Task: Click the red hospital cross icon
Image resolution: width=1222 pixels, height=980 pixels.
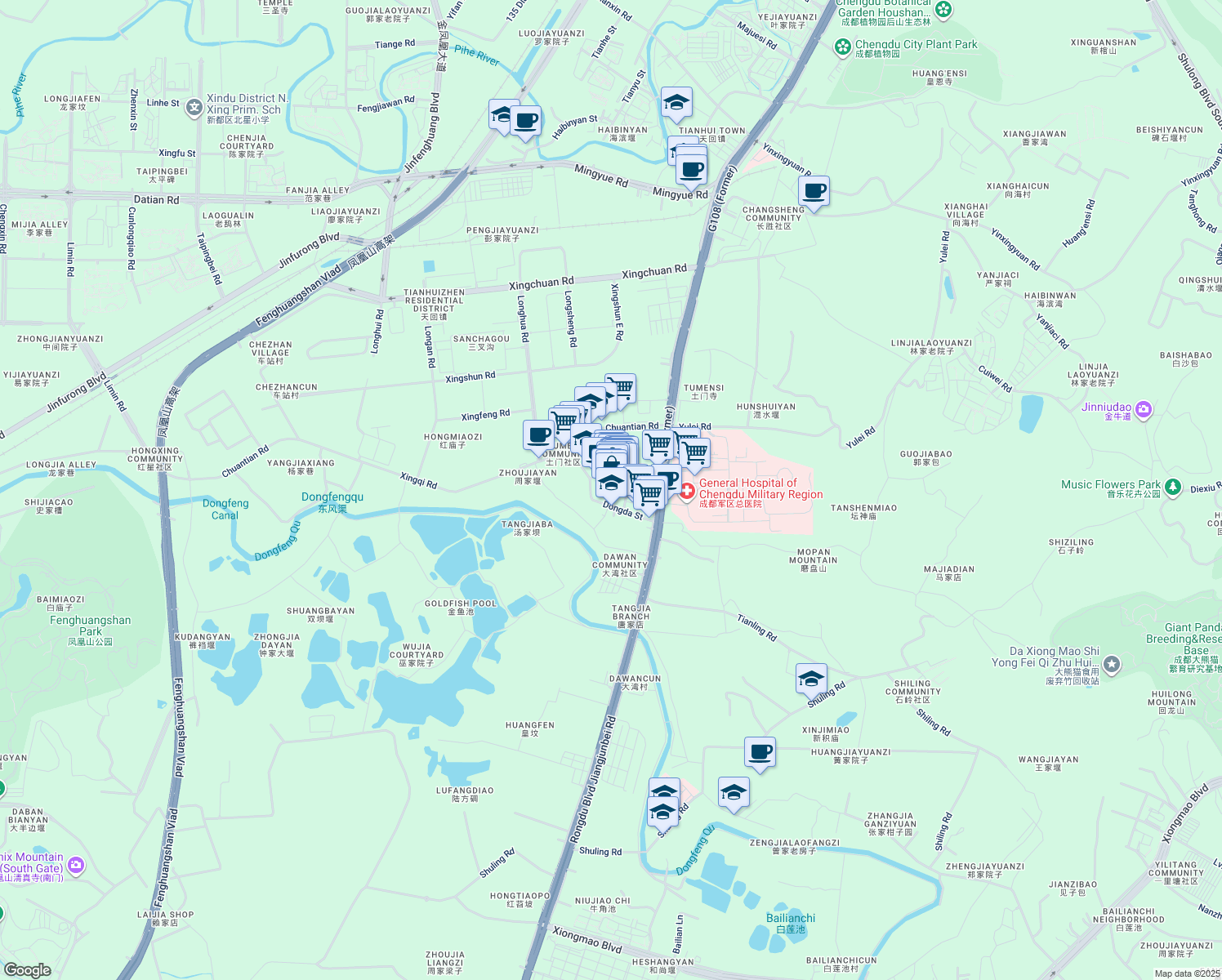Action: point(687,490)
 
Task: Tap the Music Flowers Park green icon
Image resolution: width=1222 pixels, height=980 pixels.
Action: point(1173,488)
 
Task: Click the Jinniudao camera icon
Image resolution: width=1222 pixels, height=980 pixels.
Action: point(1144,409)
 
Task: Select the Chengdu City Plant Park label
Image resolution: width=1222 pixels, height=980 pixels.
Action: point(916,45)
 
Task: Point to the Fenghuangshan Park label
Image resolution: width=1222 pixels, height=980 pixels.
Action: point(91,626)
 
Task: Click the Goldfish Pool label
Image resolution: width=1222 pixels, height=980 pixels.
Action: point(461,604)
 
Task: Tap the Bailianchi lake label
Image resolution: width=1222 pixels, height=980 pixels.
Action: point(791,919)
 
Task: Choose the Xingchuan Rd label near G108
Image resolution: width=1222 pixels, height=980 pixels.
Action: point(654,271)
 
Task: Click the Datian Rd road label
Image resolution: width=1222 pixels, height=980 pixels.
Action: point(156,199)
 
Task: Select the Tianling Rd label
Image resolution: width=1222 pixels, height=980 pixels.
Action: point(757,627)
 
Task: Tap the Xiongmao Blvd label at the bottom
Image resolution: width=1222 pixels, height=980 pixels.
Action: point(587,940)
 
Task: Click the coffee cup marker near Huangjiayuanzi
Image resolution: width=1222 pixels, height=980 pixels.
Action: point(760,752)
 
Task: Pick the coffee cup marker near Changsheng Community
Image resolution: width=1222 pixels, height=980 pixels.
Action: point(814,192)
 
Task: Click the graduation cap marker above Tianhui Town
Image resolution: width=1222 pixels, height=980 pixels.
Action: point(676,103)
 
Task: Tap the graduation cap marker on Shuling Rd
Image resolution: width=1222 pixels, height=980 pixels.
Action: point(811,679)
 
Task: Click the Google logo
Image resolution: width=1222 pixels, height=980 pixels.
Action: point(27,970)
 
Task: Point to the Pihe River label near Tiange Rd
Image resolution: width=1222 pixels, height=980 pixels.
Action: point(477,56)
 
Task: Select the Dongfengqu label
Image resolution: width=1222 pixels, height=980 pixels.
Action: point(332,497)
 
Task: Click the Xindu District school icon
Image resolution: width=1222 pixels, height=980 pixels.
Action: point(194,107)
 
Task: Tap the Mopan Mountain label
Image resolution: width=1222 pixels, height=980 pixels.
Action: point(814,557)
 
